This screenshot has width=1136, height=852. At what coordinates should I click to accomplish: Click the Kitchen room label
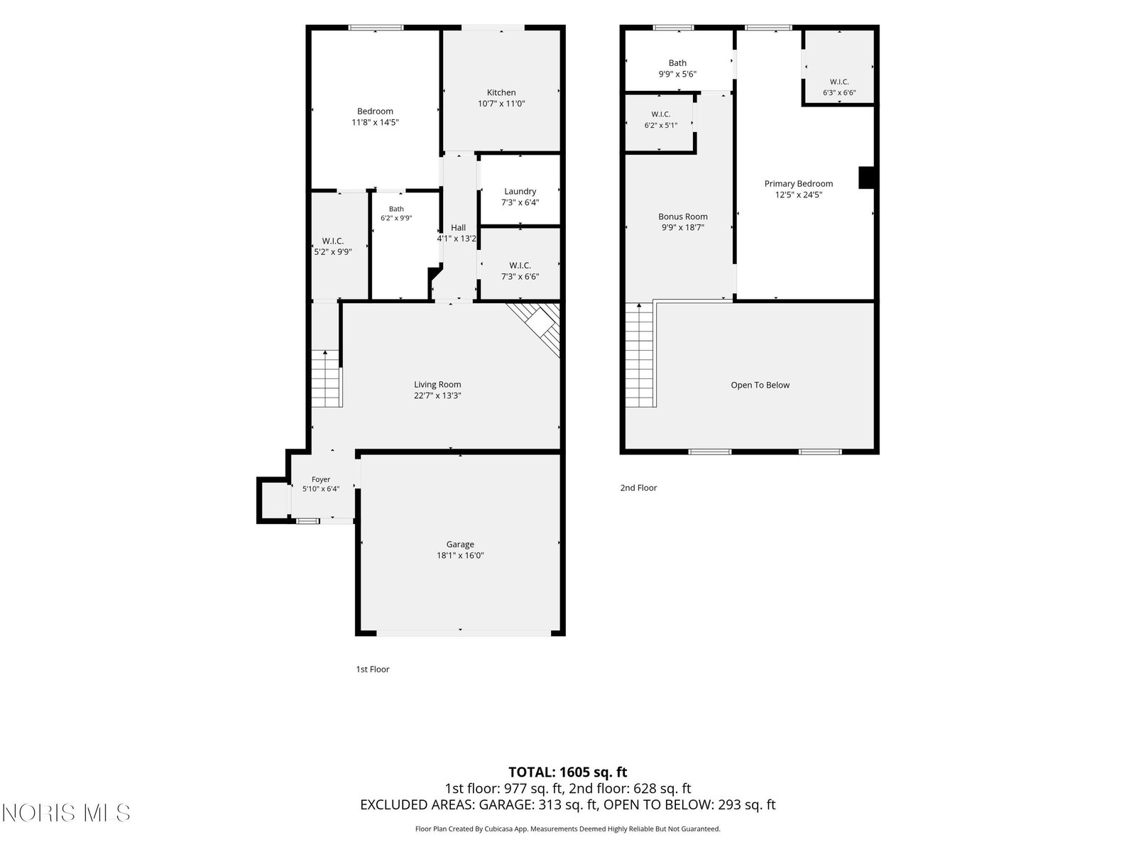tap(501, 92)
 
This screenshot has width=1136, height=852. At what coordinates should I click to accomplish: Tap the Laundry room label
tap(520, 192)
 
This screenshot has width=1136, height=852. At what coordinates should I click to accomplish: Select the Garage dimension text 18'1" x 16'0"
tap(460, 556)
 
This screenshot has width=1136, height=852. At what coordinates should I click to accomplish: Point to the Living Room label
tap(437, 384)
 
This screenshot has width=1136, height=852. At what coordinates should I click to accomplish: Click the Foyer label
tap(321, 479)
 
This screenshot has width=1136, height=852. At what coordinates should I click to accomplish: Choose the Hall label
tap(458, 228)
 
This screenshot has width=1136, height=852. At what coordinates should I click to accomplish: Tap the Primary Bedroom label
tap(799, 184)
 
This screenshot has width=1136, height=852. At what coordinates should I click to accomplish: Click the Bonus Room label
tap(682, 217)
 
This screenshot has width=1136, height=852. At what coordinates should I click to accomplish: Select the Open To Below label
tap(760, 385)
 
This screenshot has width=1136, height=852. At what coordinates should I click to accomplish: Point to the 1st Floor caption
tap(373, 670)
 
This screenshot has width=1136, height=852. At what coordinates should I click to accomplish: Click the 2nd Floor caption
tap(638, 488)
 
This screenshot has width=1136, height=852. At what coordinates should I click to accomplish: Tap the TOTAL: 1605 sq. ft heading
tap(568, 772)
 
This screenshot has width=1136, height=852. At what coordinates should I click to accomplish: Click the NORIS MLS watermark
tap(66, 813)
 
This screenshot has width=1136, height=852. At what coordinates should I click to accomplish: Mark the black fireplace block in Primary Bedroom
tap(866, 177)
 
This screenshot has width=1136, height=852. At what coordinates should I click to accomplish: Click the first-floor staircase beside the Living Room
tap(325, 378)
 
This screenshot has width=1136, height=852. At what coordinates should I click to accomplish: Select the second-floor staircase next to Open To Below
tap(640, 355)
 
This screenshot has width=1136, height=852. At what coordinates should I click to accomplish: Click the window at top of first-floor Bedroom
tap(376, 28)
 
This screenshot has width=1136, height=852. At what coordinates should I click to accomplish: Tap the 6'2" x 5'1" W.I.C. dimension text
tap(661, 125)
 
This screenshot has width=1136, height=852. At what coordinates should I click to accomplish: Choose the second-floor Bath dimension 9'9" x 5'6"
tap(677, 74)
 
